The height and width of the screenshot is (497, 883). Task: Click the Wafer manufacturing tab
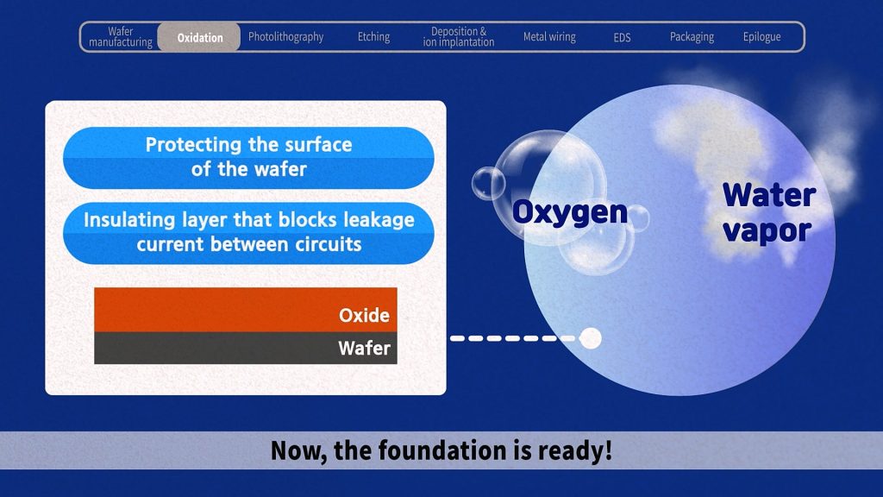(x=121, y=36)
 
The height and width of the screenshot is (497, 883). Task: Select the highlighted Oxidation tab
(x=199, y=37)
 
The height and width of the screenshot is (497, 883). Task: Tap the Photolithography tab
(x=285, y=37)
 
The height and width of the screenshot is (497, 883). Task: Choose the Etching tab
(x=373, y=37)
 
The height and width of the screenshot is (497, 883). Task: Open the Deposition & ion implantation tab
(x=459, y=36)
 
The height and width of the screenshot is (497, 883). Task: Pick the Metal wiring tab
(x=549, y=37)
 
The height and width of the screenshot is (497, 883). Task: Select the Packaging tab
(x=692, y=37)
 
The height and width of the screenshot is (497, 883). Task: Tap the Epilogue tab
(x=761, y=37)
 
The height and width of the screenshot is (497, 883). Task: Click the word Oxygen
(x=569, y=213)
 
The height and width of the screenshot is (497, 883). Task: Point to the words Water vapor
(x=768, y=213)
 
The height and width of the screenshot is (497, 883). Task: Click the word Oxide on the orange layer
(x=364, y=315)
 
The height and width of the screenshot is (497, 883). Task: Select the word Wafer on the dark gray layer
(x=364, y=348)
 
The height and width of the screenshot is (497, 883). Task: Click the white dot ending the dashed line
(x=590, y=338)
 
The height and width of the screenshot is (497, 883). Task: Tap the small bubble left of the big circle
(x=488, y=184)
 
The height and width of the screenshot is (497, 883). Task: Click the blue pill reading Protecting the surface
(x=248, y=157)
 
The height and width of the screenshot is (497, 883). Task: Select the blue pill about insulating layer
(x=248, y=233)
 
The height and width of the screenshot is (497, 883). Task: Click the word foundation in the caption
(x=442, y=450)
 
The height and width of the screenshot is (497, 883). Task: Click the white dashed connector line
(x=514, y=338)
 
